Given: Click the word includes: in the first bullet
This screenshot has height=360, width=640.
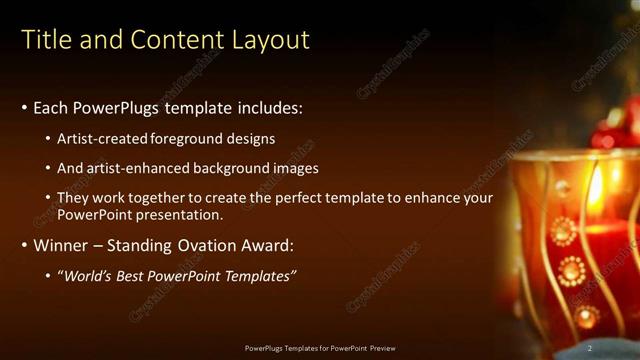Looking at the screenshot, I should (265, 108).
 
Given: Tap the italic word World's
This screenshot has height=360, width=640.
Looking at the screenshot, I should (89, 275).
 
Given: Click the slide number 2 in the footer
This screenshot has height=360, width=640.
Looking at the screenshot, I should (590, 348).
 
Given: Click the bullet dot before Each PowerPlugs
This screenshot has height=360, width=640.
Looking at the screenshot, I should (25, 108).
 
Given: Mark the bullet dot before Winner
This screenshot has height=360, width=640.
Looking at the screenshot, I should (25, 245).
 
